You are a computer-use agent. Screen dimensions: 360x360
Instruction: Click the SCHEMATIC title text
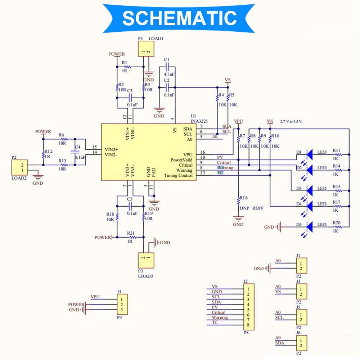click(179, 18)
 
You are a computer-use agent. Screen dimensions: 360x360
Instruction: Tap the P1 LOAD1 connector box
click(146, 49)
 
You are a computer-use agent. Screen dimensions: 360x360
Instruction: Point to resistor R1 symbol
click(127, 67)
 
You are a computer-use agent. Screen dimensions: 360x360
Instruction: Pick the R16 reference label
click(244, 198)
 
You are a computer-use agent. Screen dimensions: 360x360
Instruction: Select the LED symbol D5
click(309, 226)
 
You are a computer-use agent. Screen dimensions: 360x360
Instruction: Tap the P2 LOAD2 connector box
click(19, 168)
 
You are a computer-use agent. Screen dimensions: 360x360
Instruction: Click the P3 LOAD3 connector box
click(146, 260)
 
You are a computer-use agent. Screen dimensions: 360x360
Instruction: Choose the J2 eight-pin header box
click(248, 306)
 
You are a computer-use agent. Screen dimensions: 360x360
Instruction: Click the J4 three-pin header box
click(122, 304)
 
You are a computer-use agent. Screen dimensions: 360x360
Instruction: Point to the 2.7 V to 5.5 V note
click(292, 122)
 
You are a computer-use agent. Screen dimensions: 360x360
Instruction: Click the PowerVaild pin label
click(182, 159)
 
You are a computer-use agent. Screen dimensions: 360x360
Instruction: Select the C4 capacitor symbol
click(75, 152)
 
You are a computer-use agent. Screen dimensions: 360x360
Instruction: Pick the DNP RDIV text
click(251, 208)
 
